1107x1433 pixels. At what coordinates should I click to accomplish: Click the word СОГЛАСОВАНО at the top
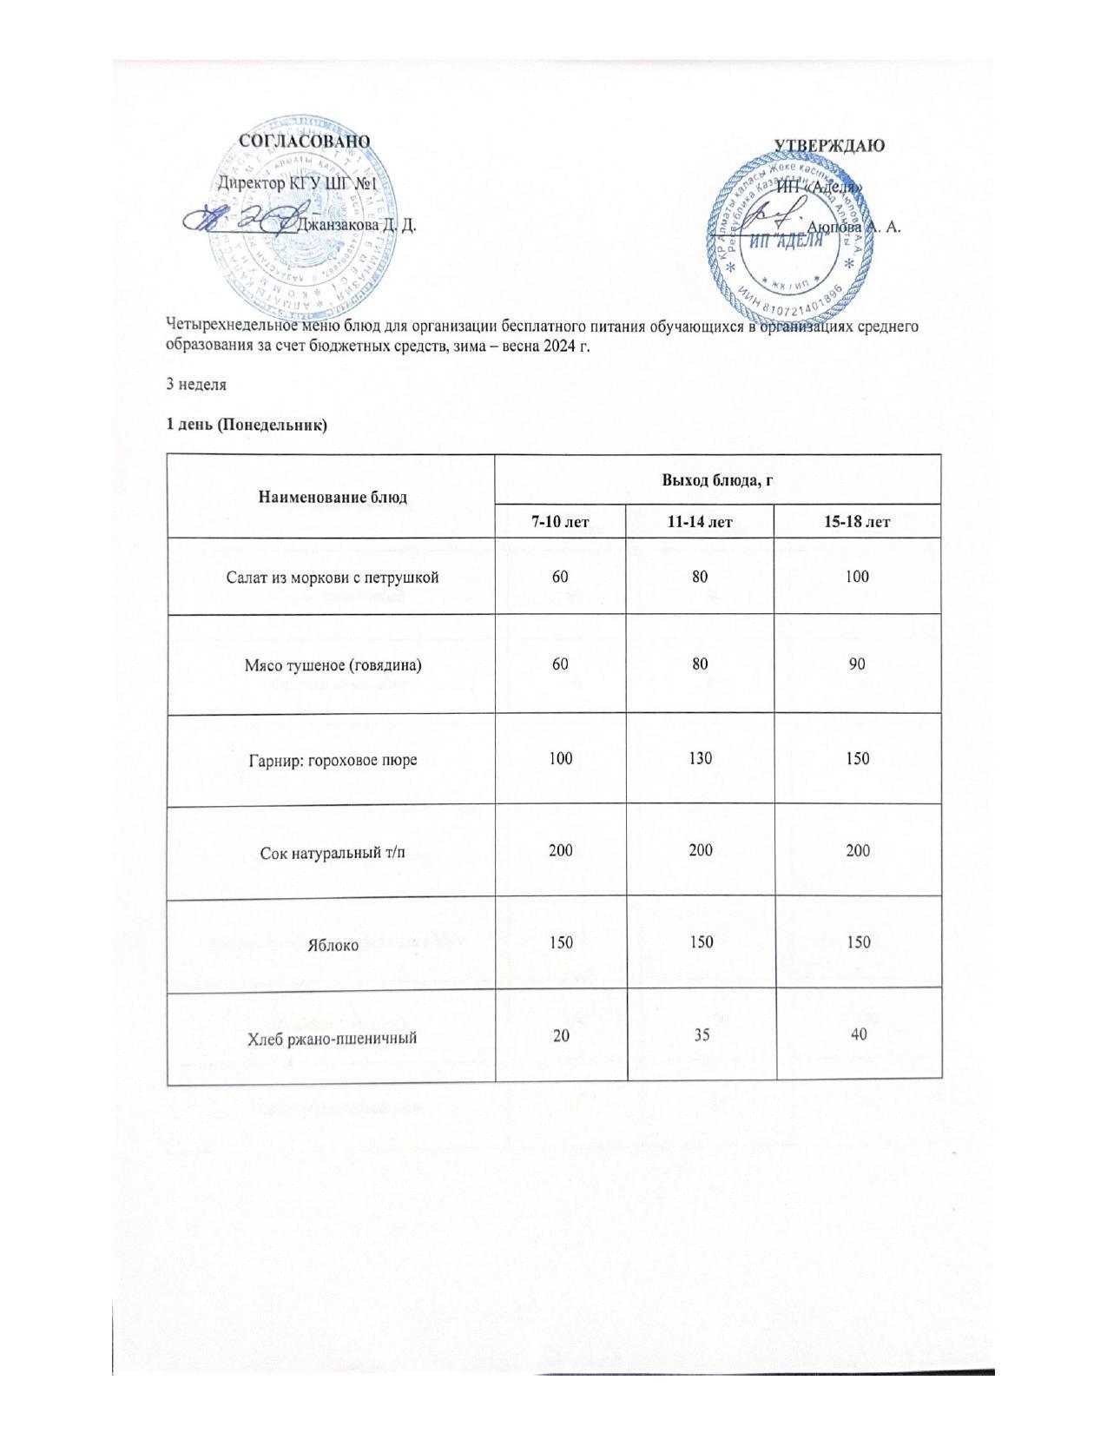304,141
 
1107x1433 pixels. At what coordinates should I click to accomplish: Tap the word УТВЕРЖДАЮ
828,145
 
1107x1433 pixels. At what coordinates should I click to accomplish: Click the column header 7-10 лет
560,521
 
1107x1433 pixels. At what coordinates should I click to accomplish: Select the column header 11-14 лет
701,521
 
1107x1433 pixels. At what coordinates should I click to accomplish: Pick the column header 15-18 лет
858,521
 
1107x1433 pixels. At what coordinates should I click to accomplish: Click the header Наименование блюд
332,497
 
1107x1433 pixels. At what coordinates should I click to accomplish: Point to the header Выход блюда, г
718,479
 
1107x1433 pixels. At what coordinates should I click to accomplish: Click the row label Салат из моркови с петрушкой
332,577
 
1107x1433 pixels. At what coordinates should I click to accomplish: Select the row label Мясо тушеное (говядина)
332,665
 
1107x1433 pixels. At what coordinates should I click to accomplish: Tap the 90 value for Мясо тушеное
858,664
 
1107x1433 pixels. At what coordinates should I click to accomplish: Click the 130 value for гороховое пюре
701,758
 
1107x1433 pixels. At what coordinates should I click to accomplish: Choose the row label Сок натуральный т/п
332,852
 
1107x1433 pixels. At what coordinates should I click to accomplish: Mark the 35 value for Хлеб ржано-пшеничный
701,1034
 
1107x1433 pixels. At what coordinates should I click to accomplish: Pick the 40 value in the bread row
858,1034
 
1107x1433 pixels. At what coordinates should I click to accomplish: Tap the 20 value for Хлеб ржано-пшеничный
560,1034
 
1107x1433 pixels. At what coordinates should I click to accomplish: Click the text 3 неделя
196,384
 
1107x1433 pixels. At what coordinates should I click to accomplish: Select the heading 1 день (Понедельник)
247,425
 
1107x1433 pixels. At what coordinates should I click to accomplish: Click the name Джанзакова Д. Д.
357,225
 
